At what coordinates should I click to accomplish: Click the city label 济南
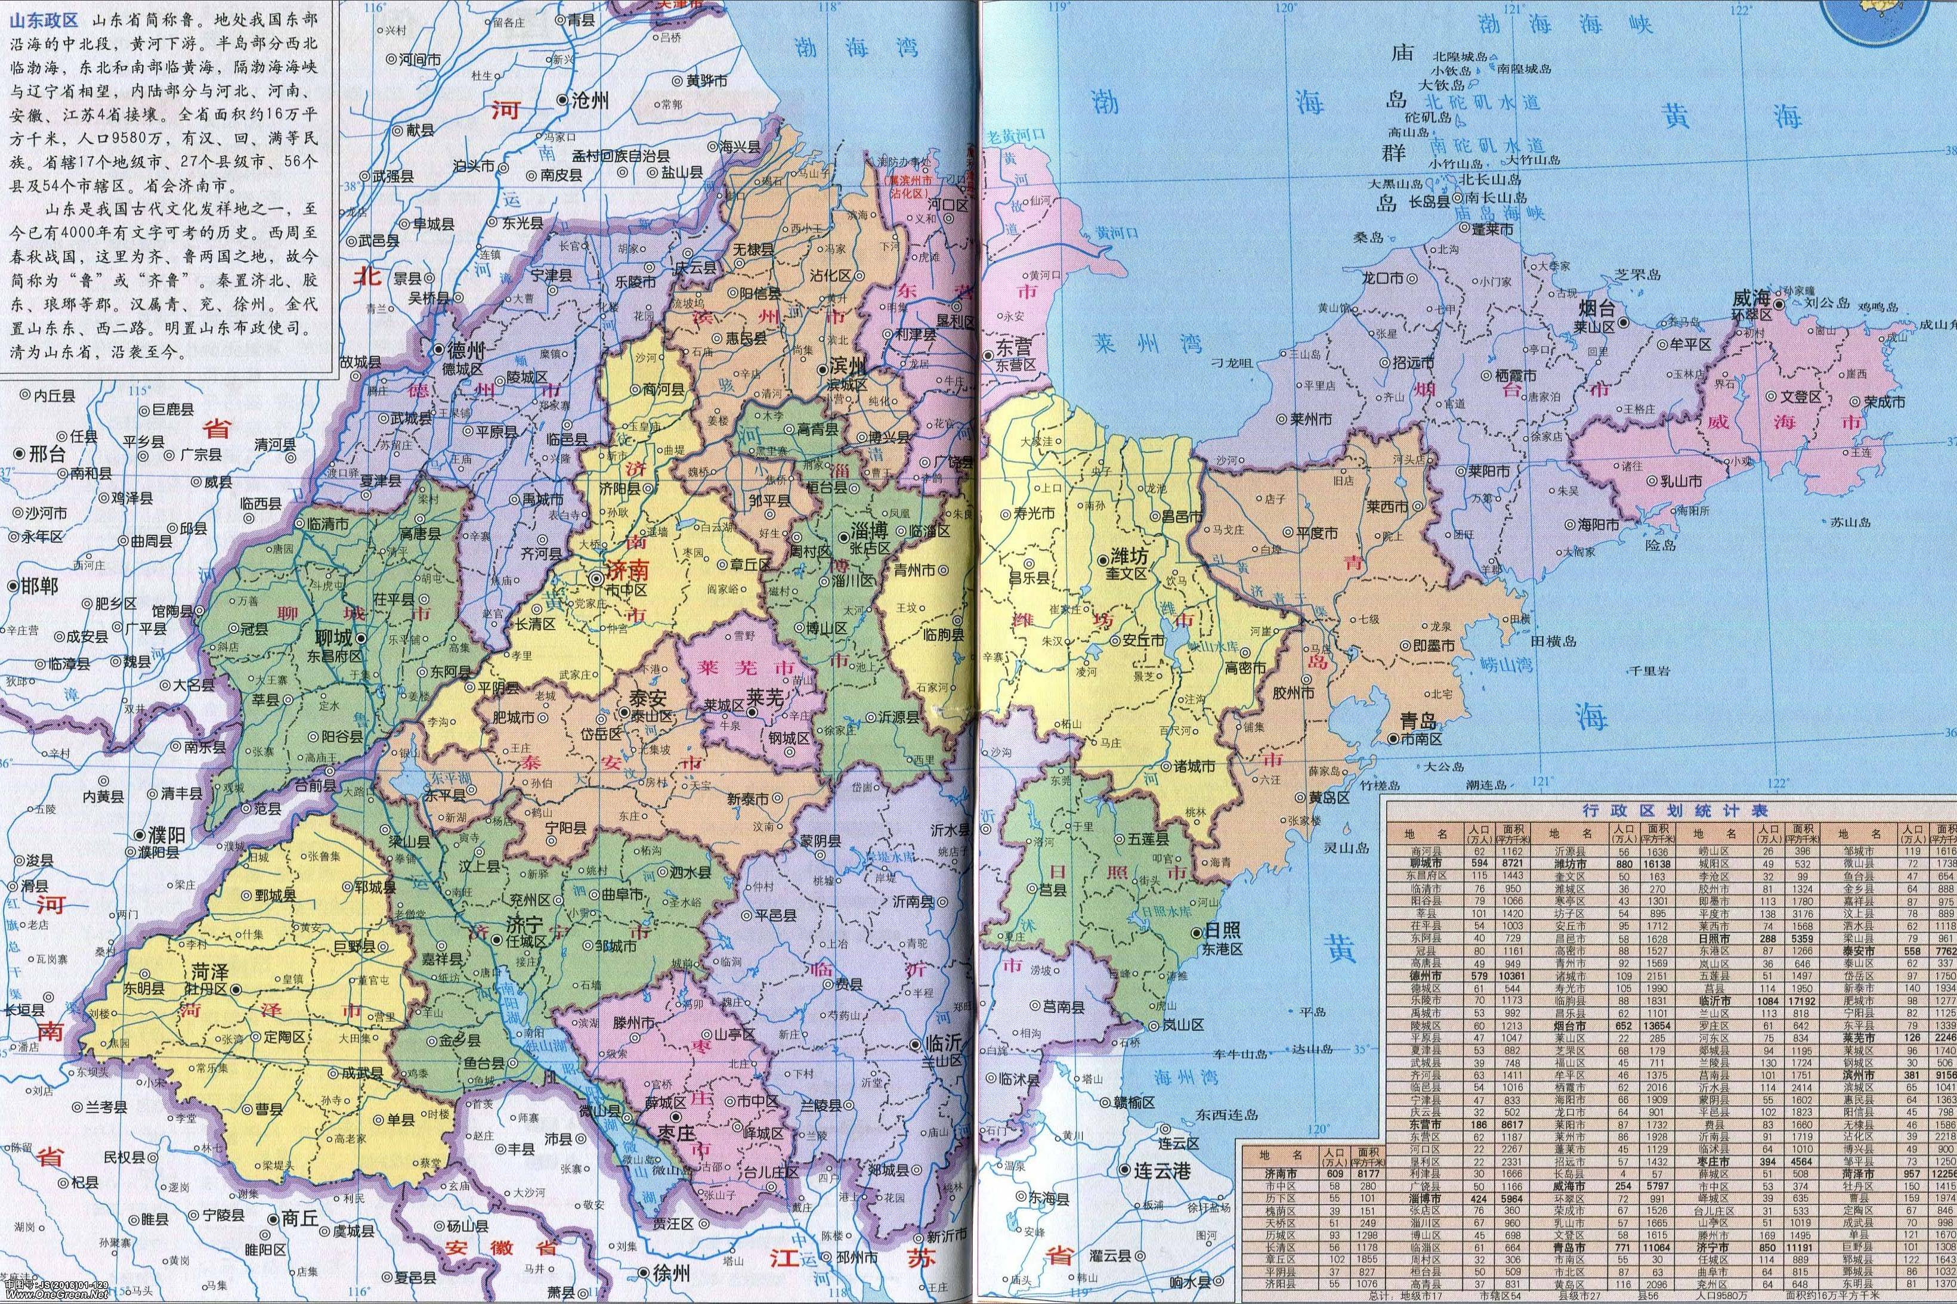tap(630, 571)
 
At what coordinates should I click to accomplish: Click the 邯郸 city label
tap(38, 585)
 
